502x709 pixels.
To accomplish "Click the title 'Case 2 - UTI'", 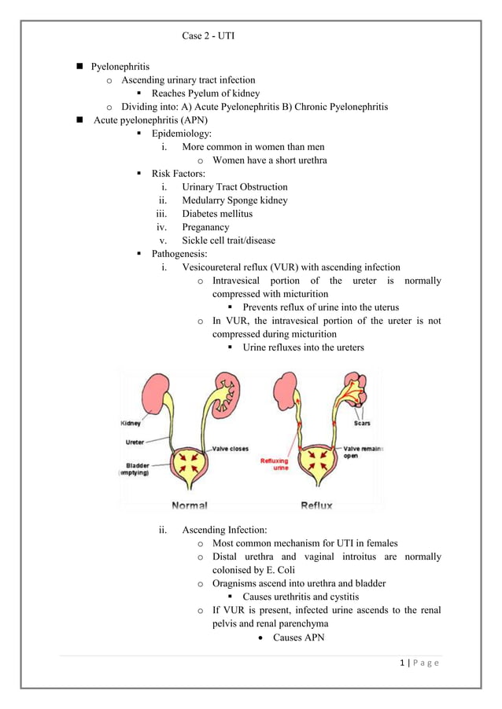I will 208,36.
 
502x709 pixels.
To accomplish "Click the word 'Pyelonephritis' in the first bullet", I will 120,66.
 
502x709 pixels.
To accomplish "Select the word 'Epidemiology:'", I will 181,133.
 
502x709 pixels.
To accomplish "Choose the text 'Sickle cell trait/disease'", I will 228,240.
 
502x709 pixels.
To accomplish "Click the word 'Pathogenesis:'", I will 179,253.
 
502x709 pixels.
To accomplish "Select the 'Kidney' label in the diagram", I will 131,424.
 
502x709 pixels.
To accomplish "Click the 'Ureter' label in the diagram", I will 135,442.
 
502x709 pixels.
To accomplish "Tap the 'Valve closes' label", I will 229,449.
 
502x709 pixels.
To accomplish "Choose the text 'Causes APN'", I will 298,637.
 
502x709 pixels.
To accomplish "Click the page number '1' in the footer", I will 403,663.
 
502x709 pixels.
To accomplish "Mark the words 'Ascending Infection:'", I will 224,530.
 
